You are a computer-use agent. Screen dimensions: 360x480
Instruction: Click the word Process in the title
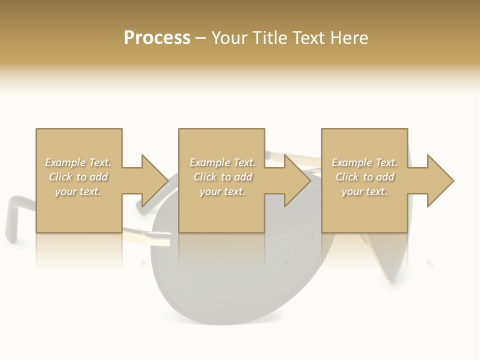point(157,38)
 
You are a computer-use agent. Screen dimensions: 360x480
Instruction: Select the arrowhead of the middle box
point(297,180)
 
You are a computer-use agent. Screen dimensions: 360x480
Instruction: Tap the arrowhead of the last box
point(440,180)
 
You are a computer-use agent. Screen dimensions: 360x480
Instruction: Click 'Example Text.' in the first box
point(78,162)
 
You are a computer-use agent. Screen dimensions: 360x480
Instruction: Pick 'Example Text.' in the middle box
point(222,162)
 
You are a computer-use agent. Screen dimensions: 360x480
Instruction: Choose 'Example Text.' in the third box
point(364,162)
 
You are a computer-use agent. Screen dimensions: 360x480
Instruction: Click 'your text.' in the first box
point(78,191)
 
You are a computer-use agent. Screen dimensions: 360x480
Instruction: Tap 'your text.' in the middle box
point(222,191)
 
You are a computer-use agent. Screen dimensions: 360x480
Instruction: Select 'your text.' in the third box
point(364,191)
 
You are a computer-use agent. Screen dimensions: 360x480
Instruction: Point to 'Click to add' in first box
point(78,177)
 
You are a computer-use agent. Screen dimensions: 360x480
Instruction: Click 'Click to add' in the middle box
point(222,177)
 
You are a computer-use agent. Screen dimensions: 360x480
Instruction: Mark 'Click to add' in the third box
point(364,177)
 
